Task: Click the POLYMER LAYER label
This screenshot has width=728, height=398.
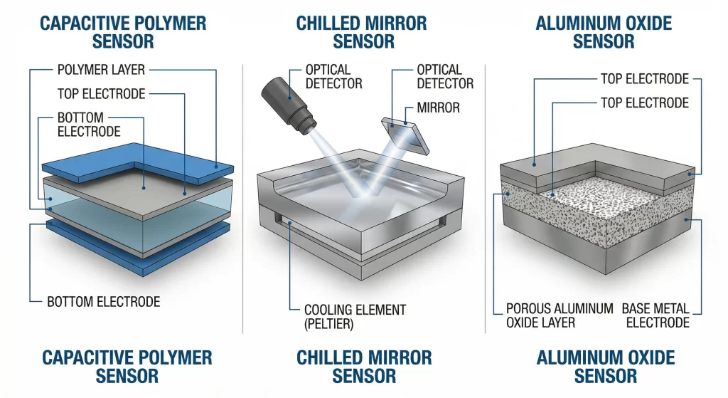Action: pyautogui.click(x=101, y=70)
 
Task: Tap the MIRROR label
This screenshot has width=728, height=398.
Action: pyautogui.click(x=438, y=108)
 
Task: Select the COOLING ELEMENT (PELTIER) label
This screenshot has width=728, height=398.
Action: pyautogui.click(x=355, y=317)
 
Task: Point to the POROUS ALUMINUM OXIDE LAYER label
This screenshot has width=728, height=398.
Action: pyautogui.click(x=560, y=315)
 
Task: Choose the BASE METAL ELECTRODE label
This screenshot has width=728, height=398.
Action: pyautogui.click(x=655, y=315)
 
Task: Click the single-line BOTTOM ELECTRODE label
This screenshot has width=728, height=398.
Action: pyautogui.click(x=104, y=302)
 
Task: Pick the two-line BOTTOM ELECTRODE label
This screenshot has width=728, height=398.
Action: pyautogui.click(x=89, y=124)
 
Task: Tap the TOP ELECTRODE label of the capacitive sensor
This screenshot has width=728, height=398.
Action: pyautogui.click(x=101, y=94)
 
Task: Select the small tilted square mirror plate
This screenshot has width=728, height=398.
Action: pyautogui.click(x=405, y=135)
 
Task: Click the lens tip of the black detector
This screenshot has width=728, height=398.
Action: pyautogui.click(x=309, y=127)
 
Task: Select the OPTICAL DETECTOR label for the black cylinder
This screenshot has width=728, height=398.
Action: pyautogui.click(x=333, y=77)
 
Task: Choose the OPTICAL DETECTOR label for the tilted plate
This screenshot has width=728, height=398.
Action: pyautogui.click(x=445, y=77)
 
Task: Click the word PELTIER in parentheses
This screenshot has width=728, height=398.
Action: pyautogui.click(x=328, y=324)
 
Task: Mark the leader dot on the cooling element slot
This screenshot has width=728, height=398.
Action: pyautogui.click(x=290, y=224)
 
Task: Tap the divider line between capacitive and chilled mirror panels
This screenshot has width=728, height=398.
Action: pyautogui.click(x=243, y=199)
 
